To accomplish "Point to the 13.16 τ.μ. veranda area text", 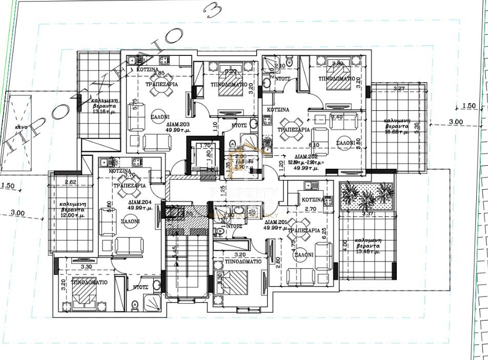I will pos(105,111).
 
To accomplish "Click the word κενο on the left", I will pos(21,126).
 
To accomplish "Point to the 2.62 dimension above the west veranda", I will pos(70,182).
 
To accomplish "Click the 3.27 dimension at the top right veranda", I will pos(399,89).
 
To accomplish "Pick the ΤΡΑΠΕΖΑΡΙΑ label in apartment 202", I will pos(293,130).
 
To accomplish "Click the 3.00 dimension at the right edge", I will pos(455,122).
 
